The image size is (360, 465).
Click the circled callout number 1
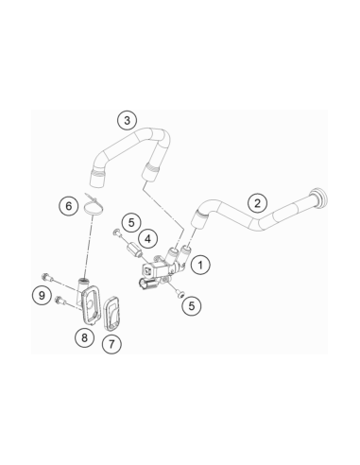pyautogui.click(x=200, y=265)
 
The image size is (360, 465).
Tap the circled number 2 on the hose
pyautogui.click(x=257, y=203)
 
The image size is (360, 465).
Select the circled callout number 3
pyautogui.click(x=127, y=120)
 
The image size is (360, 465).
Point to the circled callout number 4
pyautogui.click(x=147, y=239)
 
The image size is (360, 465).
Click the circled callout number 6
pyautogui.click(x=69, y=206)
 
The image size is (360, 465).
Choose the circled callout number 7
pyautogui.click(x=111, y=344)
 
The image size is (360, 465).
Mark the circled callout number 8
pyautogui.click(x=84, y=337)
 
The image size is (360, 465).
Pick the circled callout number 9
pyautogui.click(x=42, y=296)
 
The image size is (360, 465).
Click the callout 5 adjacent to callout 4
pyautogui.click(x=131, y=222)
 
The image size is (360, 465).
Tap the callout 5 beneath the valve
pyautogui.click(x=192, y=305)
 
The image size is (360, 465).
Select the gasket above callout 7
pyautogui.click(x=112, y=314)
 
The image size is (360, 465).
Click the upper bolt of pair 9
pyautogui.click(x=46, y=277)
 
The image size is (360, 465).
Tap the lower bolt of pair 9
pyautogui.click(x=60, y=301)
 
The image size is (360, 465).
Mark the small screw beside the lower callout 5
pyautogui.click(x=180, y=294)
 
